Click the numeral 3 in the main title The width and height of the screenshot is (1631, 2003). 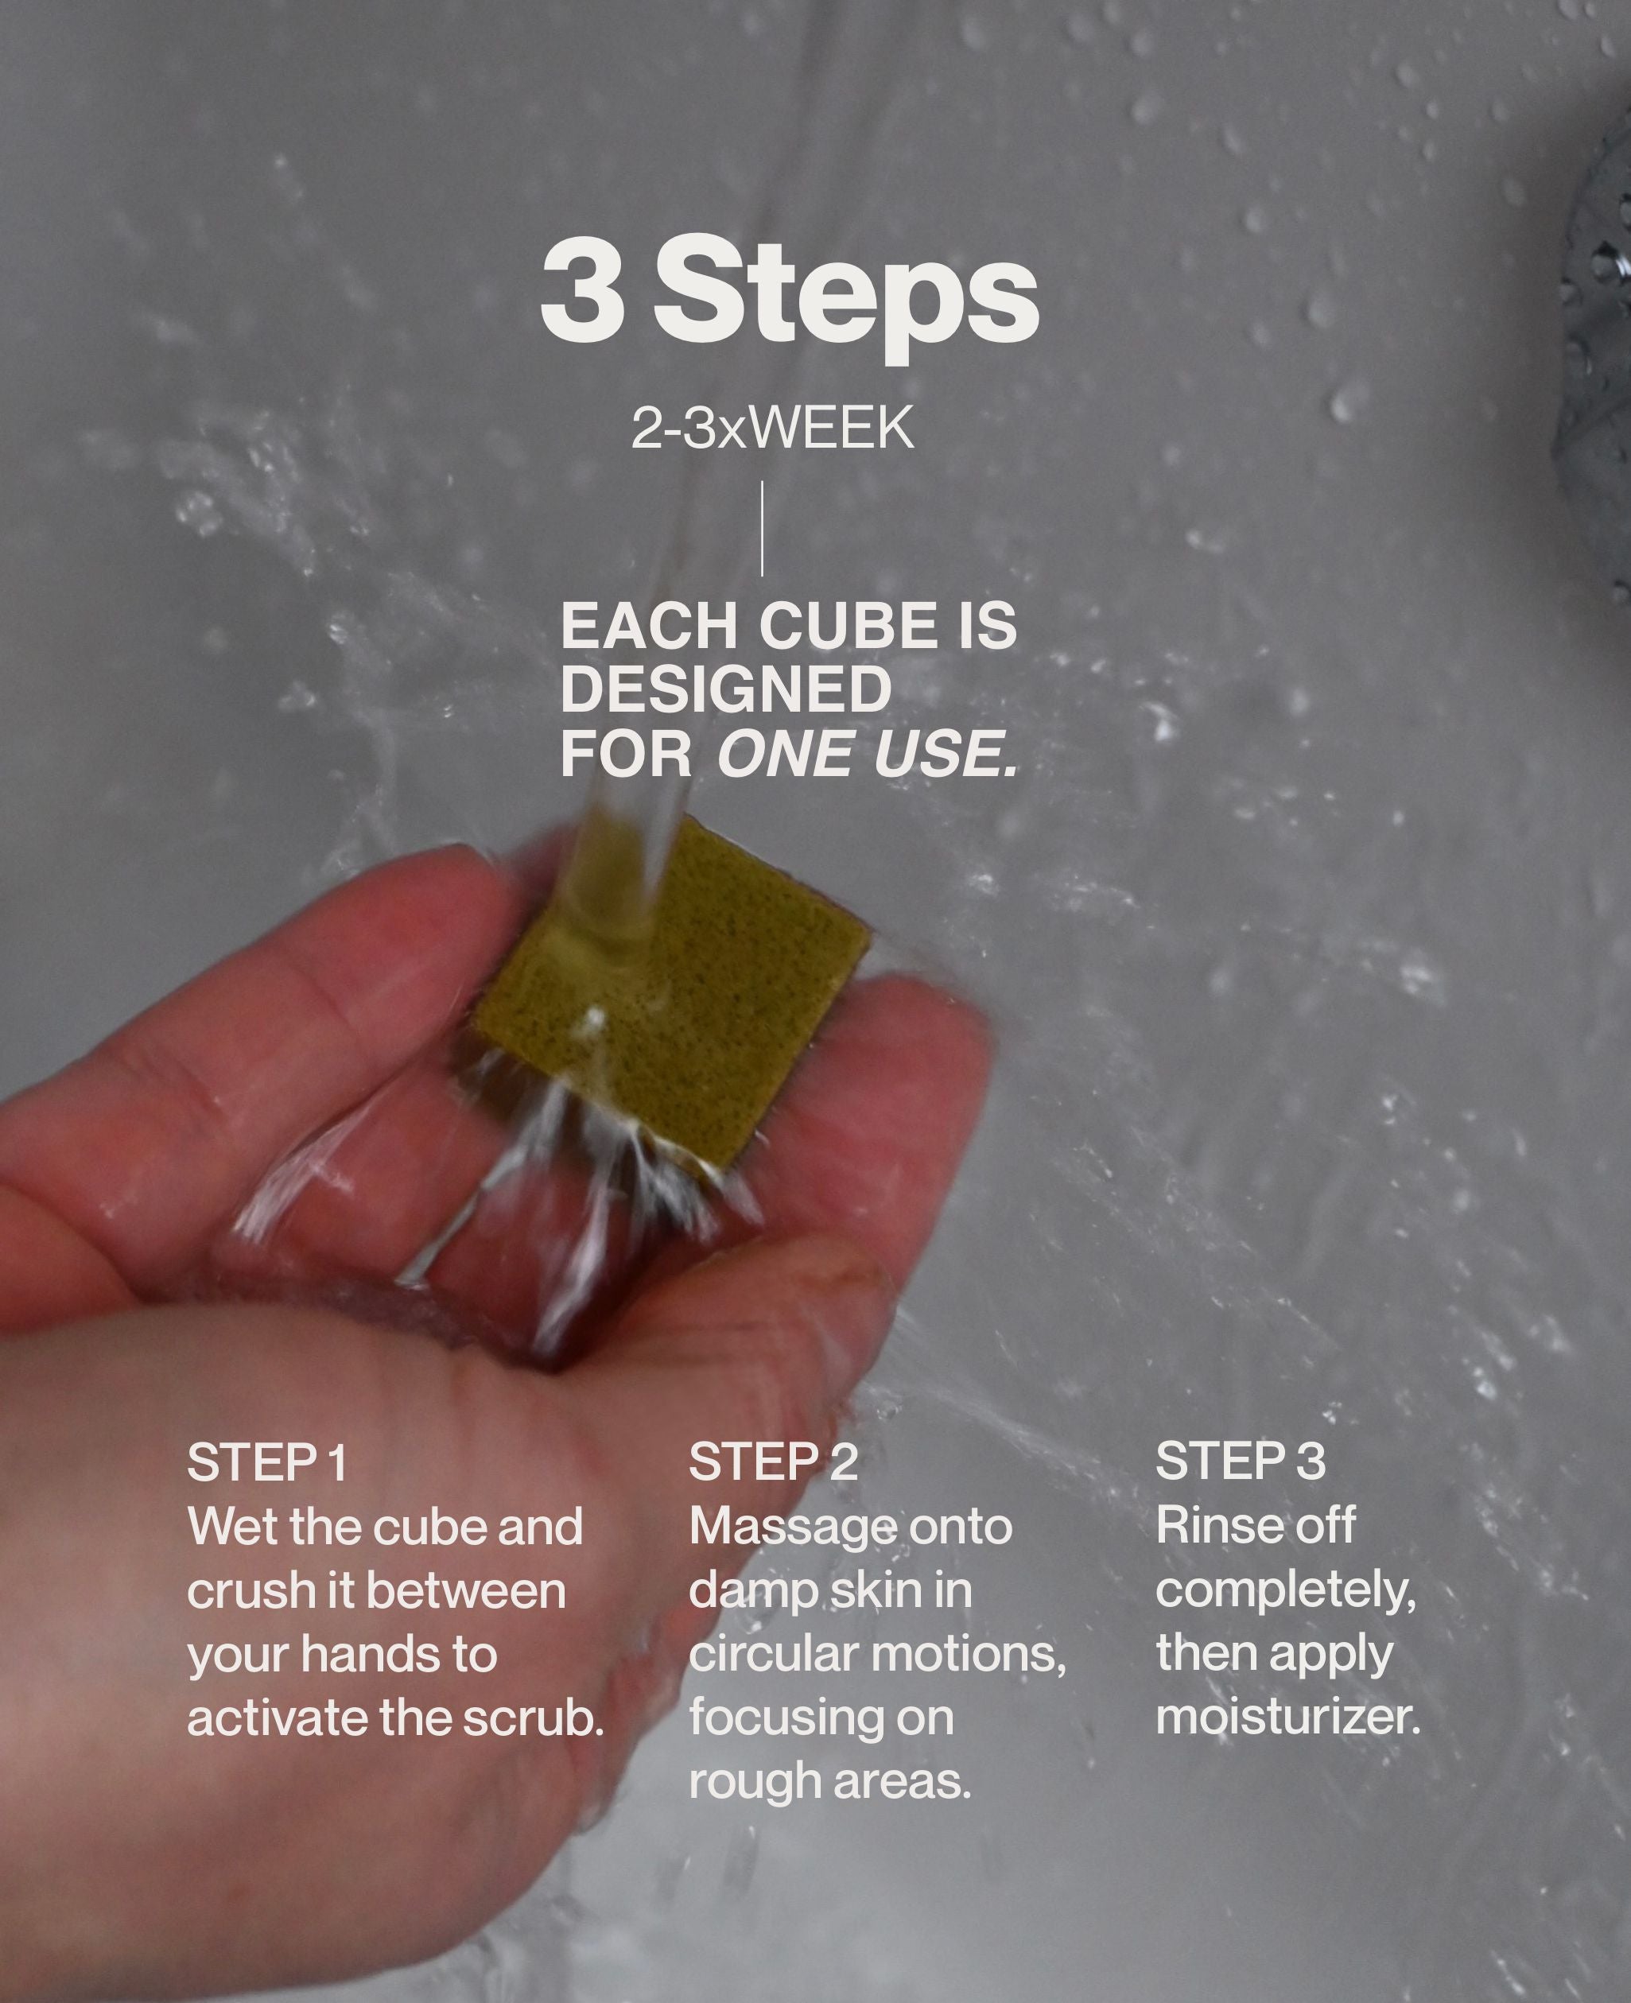[584, 291]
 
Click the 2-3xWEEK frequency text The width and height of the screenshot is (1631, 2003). [772, 429]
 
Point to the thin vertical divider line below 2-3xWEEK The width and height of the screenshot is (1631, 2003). [762, 529]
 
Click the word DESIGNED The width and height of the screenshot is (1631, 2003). [725, 690]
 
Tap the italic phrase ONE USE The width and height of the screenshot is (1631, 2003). [866, 755]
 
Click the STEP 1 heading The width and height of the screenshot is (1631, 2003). [268, 1463]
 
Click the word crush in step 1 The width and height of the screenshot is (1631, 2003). [237, 1590]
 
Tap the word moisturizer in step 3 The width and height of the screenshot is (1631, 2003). [1287, 1718]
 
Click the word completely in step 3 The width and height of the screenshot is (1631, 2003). [1284, 1591]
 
